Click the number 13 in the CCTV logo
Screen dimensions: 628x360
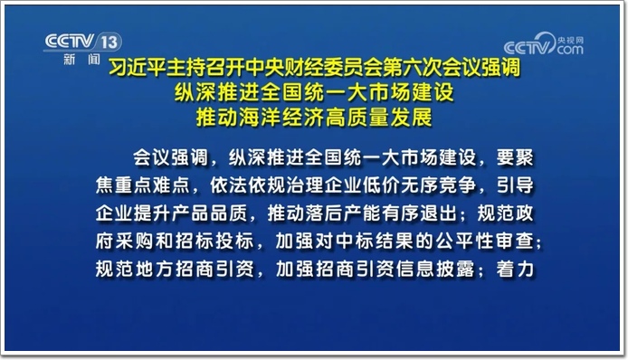[109, 42]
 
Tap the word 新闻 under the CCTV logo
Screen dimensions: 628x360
[81, 60]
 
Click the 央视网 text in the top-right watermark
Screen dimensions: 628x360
[570, 41]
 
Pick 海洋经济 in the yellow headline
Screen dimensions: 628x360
[281, 118]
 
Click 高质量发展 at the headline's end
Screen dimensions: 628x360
[378, 118]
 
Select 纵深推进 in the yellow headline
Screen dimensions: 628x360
[217, 92]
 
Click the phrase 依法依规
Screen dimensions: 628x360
[248, 185]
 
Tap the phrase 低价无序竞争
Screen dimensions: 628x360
[419, 185]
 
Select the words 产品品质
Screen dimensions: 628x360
[209, 213]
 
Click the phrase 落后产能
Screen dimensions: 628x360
[343, 213]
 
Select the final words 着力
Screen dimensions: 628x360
[515, 270]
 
